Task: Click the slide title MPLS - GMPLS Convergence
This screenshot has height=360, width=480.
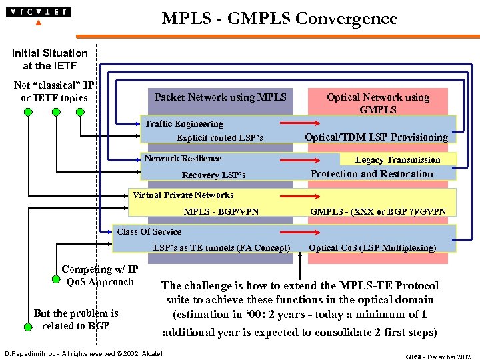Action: click(x=279, y=18)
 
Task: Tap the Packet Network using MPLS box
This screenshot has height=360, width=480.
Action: click(x=220, y=97)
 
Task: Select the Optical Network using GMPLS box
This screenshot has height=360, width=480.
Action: click(x=377, y=103)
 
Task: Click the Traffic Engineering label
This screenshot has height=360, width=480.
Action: click(x=184, y=123)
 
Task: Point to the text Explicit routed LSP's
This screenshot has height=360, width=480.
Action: click(x=219, y=138)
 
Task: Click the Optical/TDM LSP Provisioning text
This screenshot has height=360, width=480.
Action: click(x=376, y=137)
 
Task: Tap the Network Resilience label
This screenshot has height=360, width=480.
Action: click(x=183, y=158)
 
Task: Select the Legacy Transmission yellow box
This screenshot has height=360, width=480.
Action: click(x=397, y=159)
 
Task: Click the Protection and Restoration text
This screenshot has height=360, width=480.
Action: click(x=372, y=174)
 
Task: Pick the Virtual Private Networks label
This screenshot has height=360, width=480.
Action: click(x=183, y=195)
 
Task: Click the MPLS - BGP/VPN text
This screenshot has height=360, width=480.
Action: click(x=221, y=212)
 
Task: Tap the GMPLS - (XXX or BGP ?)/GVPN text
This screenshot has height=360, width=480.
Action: click(x=378, y=212)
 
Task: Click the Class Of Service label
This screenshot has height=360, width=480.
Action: click(x=149, y=232)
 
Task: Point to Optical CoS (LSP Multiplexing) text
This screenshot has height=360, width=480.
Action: click(x=373, y=248)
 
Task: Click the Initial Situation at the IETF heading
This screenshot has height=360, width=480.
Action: click(x=49, y=59)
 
